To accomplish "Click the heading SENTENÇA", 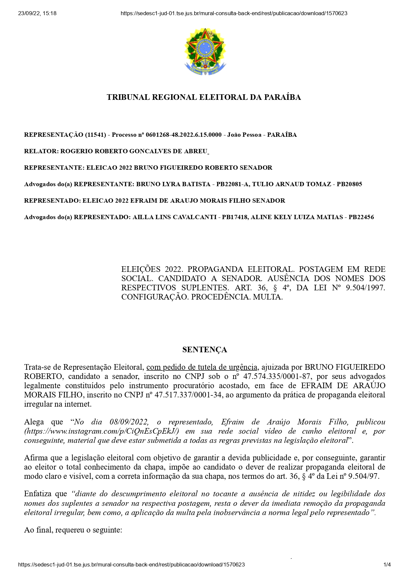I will click(x=204, y=350).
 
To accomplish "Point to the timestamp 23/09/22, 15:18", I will click(x=37, y=14).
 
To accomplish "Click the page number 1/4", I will click(x=387, y=564).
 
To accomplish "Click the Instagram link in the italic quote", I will click(x=102, y=431).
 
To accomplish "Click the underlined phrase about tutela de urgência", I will click(x=202, y=367).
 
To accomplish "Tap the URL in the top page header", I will click(x=234, y=14).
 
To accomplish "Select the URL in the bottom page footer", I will click(x=132, y=564).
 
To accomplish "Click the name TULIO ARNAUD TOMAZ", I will click(x=292, y=184).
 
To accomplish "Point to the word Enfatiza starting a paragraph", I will click(x=38, y=494).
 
